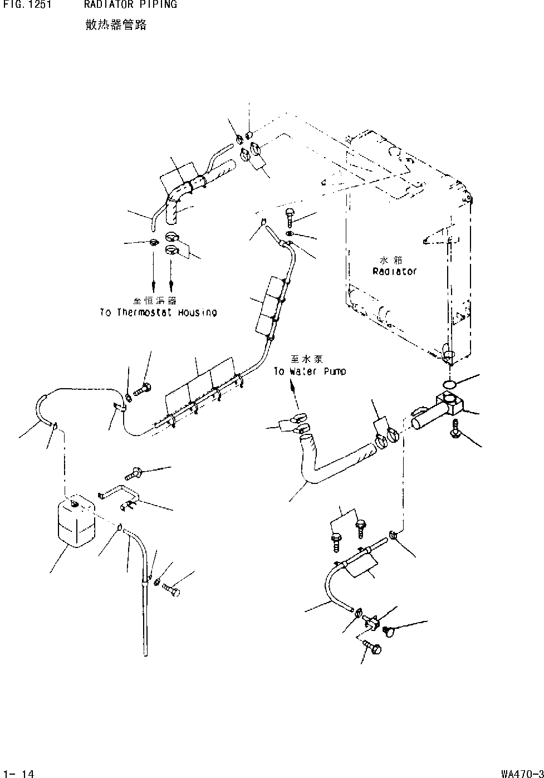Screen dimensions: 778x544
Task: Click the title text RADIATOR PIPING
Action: (x=130, y=4)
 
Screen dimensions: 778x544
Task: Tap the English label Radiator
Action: (x=394, y=272)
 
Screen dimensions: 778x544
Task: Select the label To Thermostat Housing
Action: (x=158, y=312)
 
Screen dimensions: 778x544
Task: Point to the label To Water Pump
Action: (x=310, y=371)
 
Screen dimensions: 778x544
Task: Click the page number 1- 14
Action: (x=19, y=774)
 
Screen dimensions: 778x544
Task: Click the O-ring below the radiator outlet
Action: (x=449, y=384)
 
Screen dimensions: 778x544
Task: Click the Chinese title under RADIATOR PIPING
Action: (x=116, y=25)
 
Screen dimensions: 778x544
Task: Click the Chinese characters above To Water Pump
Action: (x=306, y=359)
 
